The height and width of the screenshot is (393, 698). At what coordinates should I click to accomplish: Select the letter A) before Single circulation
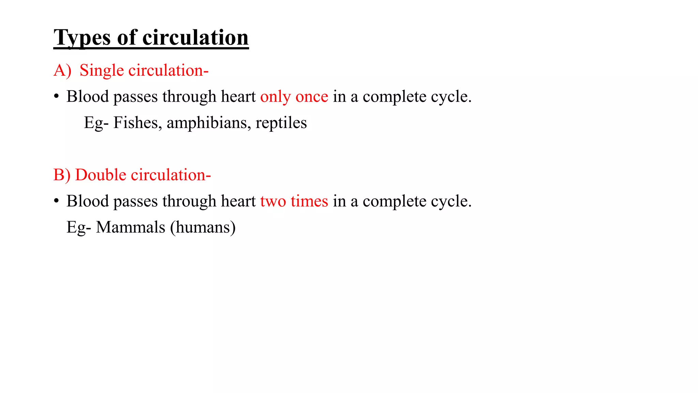coord(62,71)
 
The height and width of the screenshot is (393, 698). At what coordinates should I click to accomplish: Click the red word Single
coord(102,71)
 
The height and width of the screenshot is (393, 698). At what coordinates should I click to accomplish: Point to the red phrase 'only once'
coord(294,97)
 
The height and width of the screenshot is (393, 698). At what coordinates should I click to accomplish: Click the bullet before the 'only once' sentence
coord(56,97)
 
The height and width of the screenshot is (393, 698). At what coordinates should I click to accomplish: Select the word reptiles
coord(281,123)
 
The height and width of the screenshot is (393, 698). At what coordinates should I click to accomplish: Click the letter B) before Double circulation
coord(62,175)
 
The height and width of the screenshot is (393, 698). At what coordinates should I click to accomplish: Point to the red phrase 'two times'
coord(294,201)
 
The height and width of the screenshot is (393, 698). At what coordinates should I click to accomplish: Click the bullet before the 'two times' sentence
coord(56,201)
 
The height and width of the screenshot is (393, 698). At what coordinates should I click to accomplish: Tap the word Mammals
coord(131,227)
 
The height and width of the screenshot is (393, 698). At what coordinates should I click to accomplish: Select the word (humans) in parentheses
coord(203,227)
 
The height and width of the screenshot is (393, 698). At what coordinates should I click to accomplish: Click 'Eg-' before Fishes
coord(96,123)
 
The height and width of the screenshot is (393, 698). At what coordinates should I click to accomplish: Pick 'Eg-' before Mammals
coord(79,227)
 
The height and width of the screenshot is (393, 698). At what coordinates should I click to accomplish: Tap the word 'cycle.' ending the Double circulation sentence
coord(451,201)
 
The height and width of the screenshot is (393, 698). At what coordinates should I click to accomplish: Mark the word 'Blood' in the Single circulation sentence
coord(88,97)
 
